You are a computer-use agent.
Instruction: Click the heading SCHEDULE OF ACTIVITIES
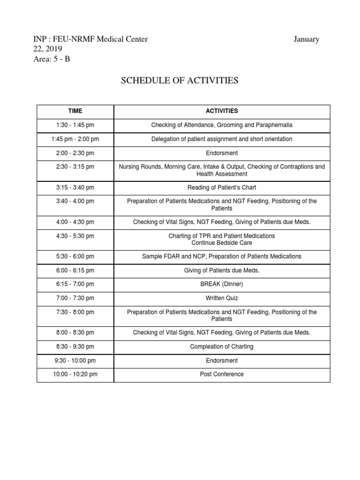(x=180, y=81)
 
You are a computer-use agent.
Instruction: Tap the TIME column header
(x=75, y=111)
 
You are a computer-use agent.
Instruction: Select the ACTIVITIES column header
(x=222, y=111)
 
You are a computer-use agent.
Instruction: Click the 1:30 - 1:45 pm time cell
(x=75, y=125)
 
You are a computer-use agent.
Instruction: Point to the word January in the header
(x=307, y=39)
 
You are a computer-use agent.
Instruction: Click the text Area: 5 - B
(x=51, y=59)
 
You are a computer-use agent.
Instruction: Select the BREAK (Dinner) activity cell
(x=222, y=284)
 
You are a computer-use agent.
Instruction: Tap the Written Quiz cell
(x=222, y=298)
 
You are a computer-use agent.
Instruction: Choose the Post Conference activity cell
(x=222, y=374)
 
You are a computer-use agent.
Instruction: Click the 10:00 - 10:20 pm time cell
(x=75, y=374)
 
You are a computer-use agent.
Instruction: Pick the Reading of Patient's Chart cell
(x=222, y=187)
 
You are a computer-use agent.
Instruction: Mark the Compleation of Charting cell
(x=222, y=346)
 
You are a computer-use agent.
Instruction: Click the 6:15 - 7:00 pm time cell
(x=75, y=284)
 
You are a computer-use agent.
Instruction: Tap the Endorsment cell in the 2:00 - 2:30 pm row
(x=222, y=153)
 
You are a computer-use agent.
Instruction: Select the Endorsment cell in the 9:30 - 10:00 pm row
(x=222, y=360)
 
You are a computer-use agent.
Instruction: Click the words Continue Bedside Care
(x=222, y=243)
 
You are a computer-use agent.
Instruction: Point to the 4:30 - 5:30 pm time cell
(x=75, y=236)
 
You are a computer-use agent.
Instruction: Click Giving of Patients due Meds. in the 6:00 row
(x=222, y=270)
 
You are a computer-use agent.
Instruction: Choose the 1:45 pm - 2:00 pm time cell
(x=75, y=139)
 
